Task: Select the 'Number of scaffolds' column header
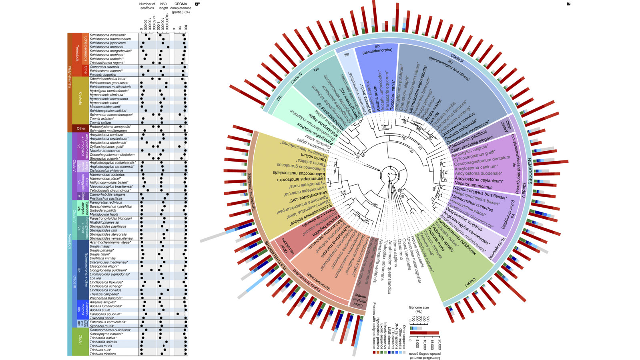(147, 6)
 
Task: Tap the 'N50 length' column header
(163, 6)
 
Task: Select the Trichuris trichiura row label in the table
(103, 354)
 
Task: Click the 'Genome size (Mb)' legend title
(419, 309)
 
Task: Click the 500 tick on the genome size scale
(427, 318)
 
